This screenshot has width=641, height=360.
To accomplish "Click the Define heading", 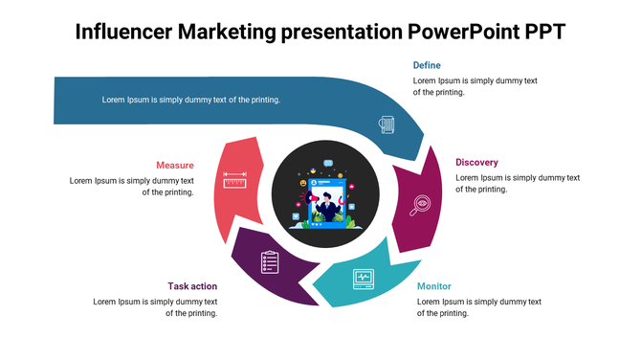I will [427, 65].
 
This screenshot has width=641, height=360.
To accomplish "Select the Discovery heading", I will [476, 162].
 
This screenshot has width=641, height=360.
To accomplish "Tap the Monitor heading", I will [434, 286].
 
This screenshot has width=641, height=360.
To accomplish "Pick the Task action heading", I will [192, 286].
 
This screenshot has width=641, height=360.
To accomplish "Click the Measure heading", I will [175, 165].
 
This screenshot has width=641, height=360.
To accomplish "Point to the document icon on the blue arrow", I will [387, 124].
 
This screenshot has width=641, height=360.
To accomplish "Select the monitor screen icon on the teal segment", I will [363, 278].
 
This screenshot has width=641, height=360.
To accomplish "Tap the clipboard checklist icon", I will [270, 260].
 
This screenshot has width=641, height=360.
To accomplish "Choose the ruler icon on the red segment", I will [235, 180].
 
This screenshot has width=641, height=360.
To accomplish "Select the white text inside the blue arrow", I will [191, 100].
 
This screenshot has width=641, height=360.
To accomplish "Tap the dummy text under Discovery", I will [518, 183].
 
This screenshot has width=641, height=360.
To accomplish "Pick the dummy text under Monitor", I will [479, 307].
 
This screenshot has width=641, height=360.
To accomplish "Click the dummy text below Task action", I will [155, 307].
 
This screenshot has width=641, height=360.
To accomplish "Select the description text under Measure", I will [132, 186].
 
